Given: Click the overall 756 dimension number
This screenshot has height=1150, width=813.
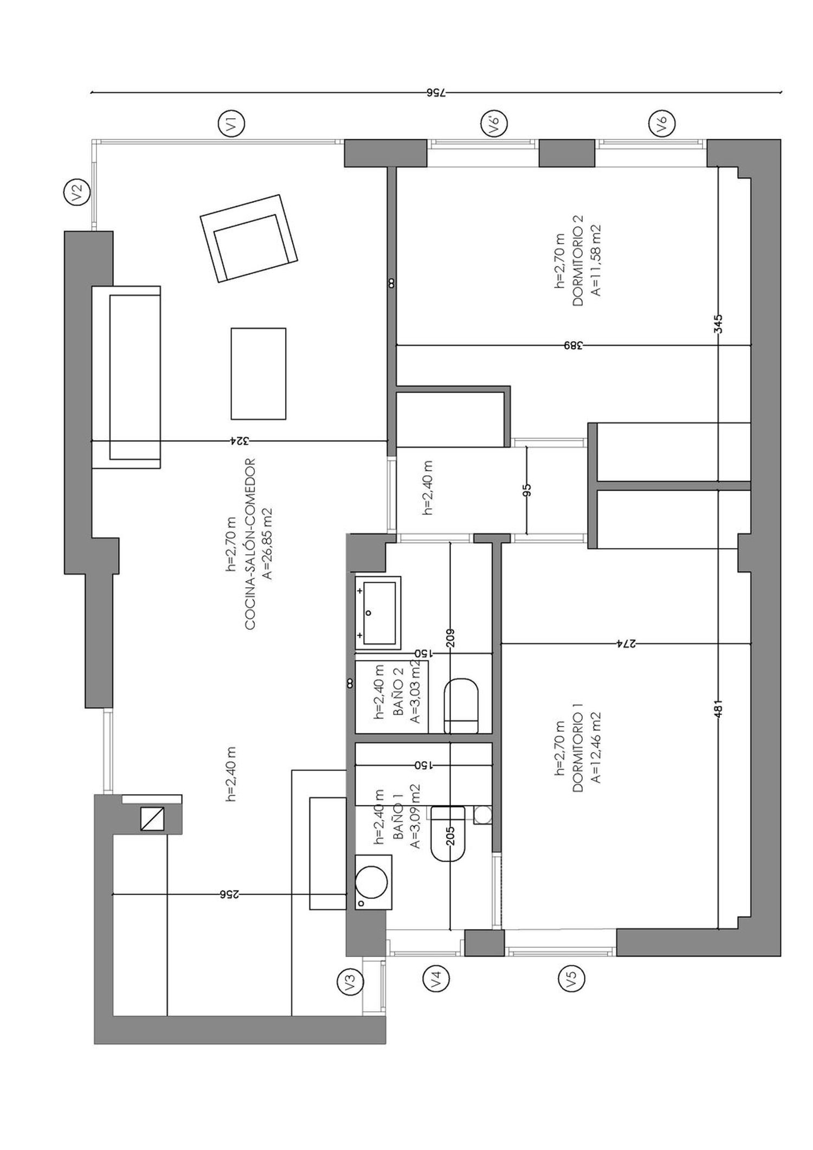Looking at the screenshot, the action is pyautogui.click(x=436, y=93).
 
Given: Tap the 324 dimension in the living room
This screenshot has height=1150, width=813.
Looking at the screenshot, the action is pyautogui.click(x=239, y=441).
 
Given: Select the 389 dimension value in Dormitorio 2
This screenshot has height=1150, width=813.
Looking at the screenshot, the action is pyautogui.click(x=572, y=345).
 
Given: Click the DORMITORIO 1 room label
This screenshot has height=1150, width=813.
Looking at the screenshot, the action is pyautogui.click(x=578, y=752).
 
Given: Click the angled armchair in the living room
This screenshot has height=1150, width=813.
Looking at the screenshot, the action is pyautogui.click(x=249, y=239).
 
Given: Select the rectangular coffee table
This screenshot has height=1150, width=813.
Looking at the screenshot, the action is pyautogui.click(x=259, y=374).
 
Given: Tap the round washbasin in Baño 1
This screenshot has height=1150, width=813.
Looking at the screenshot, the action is pyautogui.click(x=373, y=882).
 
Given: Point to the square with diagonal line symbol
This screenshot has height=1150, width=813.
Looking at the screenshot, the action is pyautogui.click(x=152, y=818).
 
